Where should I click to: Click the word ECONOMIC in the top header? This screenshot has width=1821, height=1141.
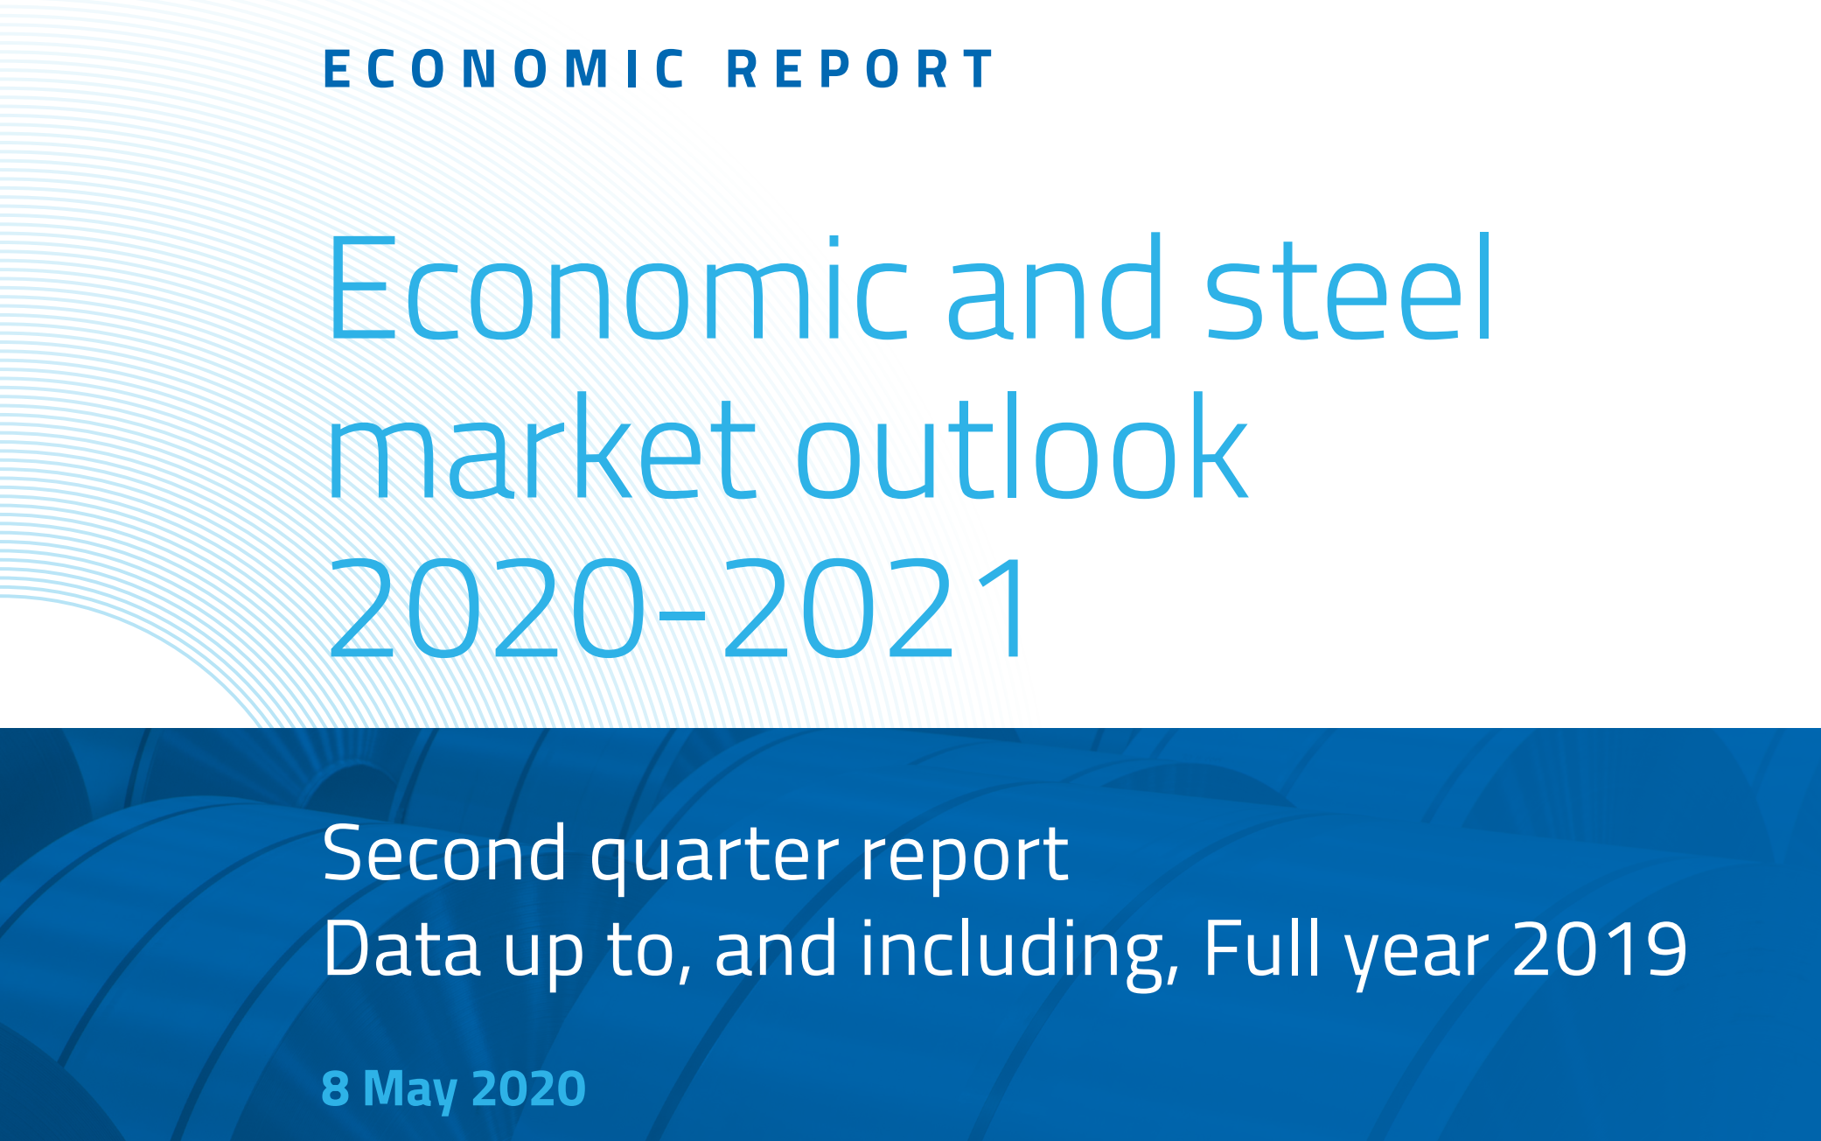[x=505, y=69]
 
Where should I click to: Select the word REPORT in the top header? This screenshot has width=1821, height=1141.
[x=861, y=69]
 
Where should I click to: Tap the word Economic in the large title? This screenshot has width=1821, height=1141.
[x=618, y=288]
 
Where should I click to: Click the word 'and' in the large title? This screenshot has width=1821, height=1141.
[x=1056, y=288]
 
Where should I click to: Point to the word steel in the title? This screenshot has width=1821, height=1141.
[x=1349, y=288]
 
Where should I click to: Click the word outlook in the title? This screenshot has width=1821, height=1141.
[x=1022, y=446]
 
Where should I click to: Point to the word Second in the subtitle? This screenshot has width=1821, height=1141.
[x=444, y=854]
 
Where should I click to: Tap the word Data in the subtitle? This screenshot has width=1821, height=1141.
[x=401, y=948]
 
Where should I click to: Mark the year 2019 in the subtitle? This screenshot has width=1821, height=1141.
[x=1599, y=948]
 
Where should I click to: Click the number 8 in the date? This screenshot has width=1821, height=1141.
[x=335, y=1088]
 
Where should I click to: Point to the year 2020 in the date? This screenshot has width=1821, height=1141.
[x=528, y=1088]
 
